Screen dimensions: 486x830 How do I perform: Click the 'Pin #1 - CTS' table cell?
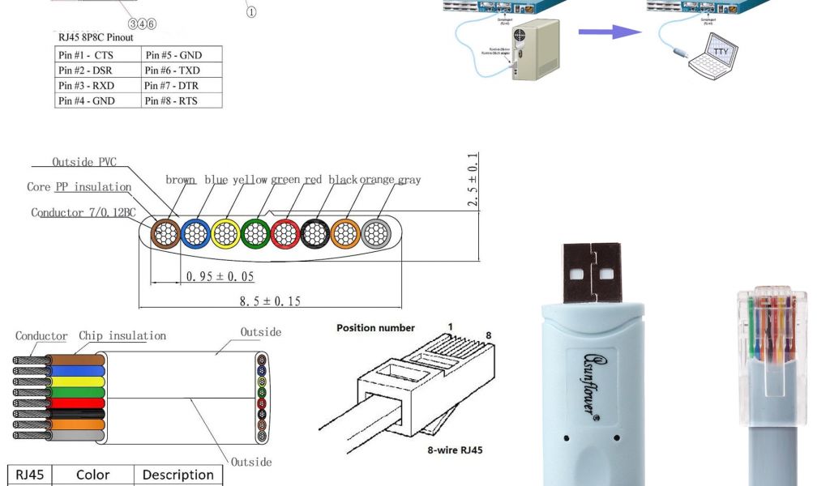(x=86, y=55)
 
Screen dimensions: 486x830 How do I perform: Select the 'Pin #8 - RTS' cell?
(x=171, y=100)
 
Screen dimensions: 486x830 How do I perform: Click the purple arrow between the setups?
(x=610, y=32)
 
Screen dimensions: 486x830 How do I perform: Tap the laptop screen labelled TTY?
(x=721, y=53)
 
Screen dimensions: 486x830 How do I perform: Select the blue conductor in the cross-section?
(x=195, y=234)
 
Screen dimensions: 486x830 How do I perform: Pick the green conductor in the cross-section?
(x=255, y=234)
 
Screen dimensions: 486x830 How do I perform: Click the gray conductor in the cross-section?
(x=375, y=234)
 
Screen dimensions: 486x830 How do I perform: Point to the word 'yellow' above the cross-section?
(x=250, y=180)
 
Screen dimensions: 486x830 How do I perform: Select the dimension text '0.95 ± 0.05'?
(x=220, y=276)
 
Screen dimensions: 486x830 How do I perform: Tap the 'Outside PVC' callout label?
(x=84, y=162)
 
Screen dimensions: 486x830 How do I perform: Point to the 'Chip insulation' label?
(x=122, y=335)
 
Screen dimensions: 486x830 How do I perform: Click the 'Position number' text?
(x=375, y=328)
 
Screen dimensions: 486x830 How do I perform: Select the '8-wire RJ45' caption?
(x=455, y=450)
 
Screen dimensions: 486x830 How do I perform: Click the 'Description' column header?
(x=178, y=475)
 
